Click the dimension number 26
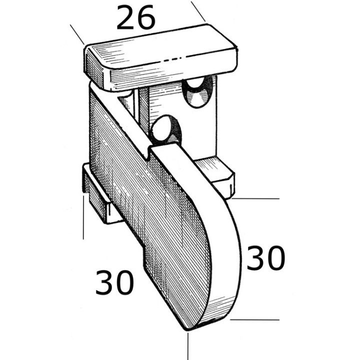(135, 18)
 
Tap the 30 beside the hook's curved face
(265, 258)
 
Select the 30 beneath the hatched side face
(114, 282)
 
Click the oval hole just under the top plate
(196, 91)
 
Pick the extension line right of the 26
(198, 11)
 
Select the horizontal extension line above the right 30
(255, 198)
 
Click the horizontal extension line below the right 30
(255, 318)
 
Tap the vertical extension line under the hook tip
(188, 345)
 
